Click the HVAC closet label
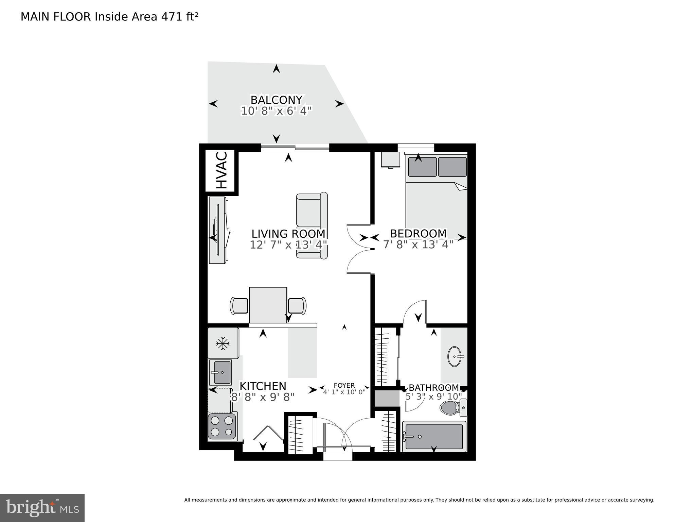(x=221, y=171)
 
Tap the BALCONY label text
(x=276, y=100)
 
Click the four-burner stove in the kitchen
(x=222, y=426)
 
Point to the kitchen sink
(x=221, y=372)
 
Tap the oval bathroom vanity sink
(x=455, y=356)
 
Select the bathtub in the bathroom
(x=434, y=437)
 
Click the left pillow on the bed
(x=422, y=167)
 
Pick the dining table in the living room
(x=268, y=305)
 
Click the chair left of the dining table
(x=239, y=305)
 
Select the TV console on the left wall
(x=217, y=230)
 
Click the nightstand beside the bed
(x=390, y=160)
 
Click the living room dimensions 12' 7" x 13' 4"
(x=288, y=245)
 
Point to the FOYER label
(x=344, y=385)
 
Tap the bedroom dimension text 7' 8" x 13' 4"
(x=418, y=245)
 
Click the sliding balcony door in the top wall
(x=295, y=147)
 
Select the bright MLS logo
(x=42, y=508)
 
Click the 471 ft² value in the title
(x=179, y=17)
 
